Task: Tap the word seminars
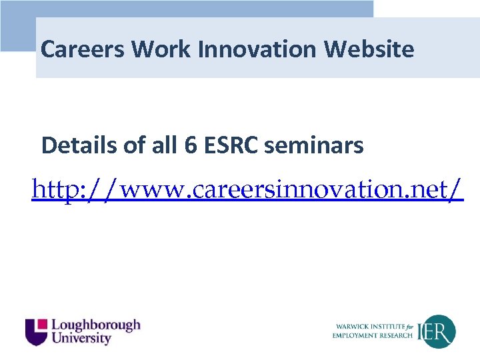[x=314, y=145]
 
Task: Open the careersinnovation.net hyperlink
[x=247, y=191]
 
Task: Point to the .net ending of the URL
[x=433, y=191]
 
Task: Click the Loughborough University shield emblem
[x=37, y=331]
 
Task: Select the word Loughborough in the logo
[x=96, y=325]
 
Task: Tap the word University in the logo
[x=81, y=339]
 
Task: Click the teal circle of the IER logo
[x=441, y=331]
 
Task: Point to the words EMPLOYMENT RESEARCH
[x=373, y=335]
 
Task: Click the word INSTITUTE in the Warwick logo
[x=391, y=327]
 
